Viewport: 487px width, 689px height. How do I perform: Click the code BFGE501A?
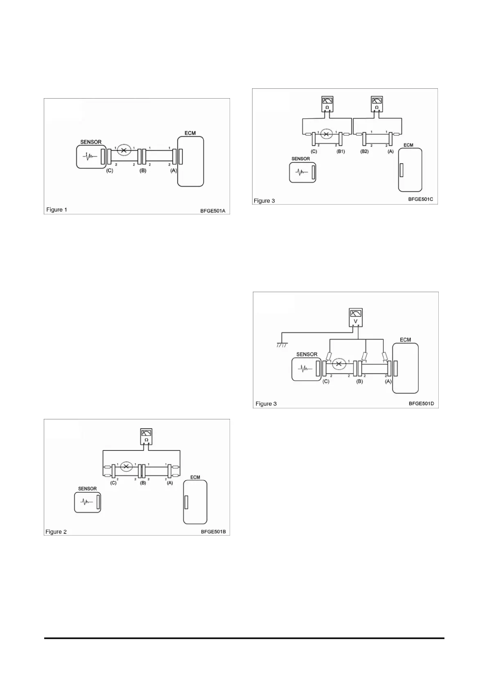(x=213, y=211)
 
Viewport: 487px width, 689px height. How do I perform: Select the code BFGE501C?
(x=420, y=200)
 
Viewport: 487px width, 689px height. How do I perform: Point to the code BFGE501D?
(x=421, y=403)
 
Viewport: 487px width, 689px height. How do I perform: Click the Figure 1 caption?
(x=57, y=210)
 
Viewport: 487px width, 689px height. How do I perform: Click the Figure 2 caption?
(x=56, y=532)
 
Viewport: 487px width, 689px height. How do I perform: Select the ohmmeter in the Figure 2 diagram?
(x=146, y=436)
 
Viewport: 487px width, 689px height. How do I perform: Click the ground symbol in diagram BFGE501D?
(x=282, y=345)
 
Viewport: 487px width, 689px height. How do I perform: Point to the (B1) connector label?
(x=340, y=151)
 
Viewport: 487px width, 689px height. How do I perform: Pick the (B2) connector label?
(x=364, y=151)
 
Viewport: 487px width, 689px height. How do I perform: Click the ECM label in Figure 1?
(x=190, y=133)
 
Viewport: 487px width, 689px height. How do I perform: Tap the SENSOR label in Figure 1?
(x=91, y=142)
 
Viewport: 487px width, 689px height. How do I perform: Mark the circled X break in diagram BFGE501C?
(x=326, y=134)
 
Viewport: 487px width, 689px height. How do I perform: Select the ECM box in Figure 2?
(x=195, y=502)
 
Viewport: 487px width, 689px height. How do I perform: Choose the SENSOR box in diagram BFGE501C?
(x=302, y=172)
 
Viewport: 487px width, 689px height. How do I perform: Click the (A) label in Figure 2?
(x=169, y=483)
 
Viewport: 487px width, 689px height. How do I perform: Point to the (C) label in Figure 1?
(x=109, y=171)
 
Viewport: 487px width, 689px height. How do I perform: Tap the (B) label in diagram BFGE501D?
(x=359, y=381)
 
